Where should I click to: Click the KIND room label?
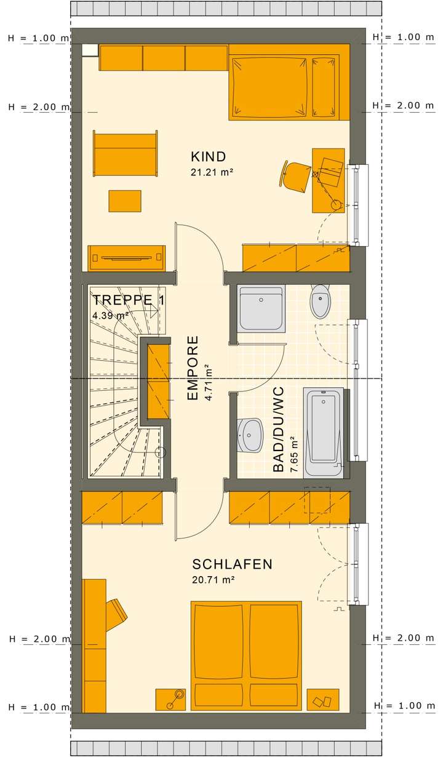click(209, 156)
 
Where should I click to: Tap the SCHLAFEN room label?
click(232, 564)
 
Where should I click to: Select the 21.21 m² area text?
click(212, 173)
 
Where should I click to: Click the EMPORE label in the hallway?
click(193, 368)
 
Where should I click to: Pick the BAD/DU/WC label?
click(279, 429)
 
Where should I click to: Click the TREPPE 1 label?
click(128, 300)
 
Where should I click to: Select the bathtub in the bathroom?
click(324, 431)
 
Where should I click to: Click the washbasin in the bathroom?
click(250, 434)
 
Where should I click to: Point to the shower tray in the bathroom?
click(261, 308)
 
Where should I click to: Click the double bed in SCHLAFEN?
click(247, 655)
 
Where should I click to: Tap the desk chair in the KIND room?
click(297, 175)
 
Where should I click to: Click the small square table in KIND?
click(125, 201)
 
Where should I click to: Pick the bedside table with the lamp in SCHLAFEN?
click(170, 700)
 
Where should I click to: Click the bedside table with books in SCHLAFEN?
click(322, 700)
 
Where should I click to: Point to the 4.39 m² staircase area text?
click(110, 315)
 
